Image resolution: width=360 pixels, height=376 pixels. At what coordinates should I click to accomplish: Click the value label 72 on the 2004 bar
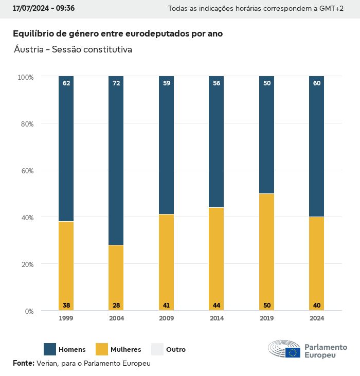tap(116, 83)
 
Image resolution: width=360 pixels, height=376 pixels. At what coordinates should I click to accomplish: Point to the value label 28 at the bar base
tap(116, 306)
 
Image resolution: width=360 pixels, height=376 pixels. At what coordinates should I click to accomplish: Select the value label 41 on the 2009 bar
tap(166, 306)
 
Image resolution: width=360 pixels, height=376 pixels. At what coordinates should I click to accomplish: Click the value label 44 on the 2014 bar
tap(217, 306)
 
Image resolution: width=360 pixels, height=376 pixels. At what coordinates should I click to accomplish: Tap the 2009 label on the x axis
tap(166, 318)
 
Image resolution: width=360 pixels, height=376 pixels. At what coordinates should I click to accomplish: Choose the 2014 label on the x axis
tap(217, 318)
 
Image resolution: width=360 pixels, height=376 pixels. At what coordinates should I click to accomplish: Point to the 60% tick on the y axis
tap(26, 171)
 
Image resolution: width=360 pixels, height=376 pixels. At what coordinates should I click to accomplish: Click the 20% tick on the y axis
tap(26, 264)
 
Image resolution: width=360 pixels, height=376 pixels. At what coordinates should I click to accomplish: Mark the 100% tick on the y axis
tap(25, 77)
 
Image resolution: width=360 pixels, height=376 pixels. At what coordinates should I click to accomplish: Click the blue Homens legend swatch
tap(50, 349)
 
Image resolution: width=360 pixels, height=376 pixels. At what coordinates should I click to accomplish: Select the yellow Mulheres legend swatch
tap(102, 349)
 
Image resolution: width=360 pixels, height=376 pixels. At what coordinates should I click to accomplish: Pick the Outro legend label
tap(176, 350)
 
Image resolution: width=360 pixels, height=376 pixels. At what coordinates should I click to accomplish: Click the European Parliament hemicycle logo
tap(284, 349)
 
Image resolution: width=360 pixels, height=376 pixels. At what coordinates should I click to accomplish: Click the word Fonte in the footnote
tap(23, 363)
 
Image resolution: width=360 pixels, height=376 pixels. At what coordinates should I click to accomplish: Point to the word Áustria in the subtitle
tap(28, 50)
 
